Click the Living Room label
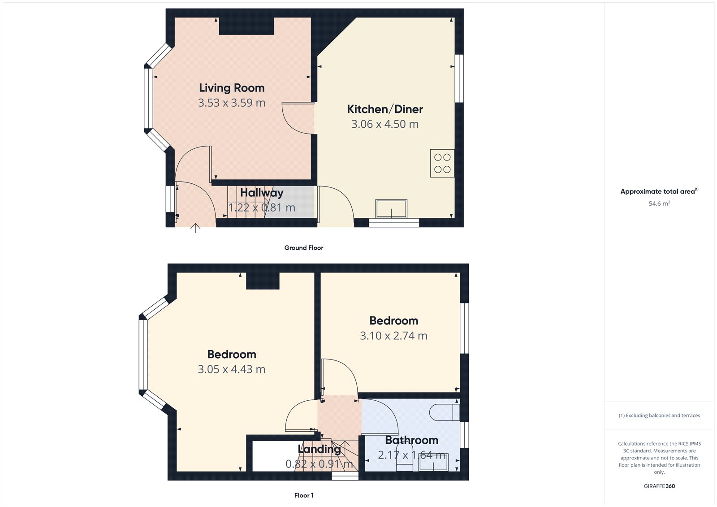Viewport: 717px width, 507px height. coord(232,88)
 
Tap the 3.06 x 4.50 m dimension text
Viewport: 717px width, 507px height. coord(384,124)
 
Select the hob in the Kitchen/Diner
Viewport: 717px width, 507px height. coord(442,163)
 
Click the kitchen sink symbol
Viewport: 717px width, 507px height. coord(391,209)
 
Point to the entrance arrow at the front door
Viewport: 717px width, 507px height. coord(195,228)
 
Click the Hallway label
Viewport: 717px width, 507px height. coord(262,193)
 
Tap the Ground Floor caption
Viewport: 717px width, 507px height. coord(303,247)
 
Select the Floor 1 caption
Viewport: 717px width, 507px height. coord(304,495)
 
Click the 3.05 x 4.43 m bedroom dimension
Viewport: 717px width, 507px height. coord(231,369)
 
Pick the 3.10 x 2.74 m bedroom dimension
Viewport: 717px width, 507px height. coord(393,336)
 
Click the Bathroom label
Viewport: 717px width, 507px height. coord(411,440)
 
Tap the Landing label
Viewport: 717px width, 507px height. coord(319,449)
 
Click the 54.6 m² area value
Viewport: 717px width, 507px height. coord(659,204)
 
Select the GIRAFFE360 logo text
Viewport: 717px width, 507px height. coord(659,486)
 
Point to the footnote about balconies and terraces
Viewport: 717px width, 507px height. coord(659,416)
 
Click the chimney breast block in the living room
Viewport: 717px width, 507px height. coord(246,26)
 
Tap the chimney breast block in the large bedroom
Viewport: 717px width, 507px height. coord(263,281)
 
